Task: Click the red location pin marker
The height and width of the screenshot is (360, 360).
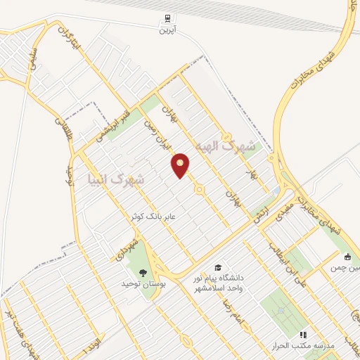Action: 181,165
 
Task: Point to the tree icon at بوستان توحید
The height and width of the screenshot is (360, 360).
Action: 143,271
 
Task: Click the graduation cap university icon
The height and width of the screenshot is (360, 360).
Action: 218,268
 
